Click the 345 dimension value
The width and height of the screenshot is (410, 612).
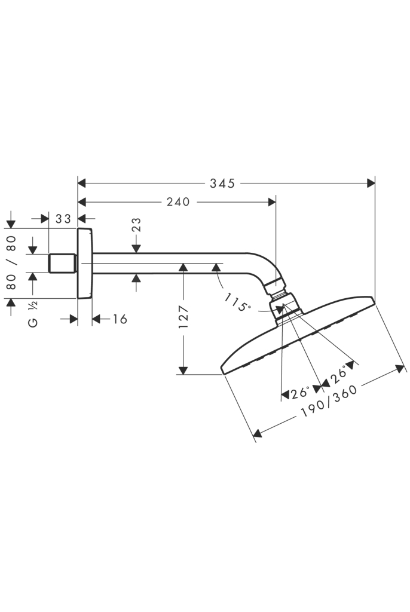[222, 183]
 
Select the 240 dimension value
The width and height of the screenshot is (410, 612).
[178, 202]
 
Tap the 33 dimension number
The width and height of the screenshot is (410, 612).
[63, 219]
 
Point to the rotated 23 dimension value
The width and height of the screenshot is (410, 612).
[136, 225]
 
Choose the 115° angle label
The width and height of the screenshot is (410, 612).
[237, 302]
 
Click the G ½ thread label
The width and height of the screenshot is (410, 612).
[33, 314]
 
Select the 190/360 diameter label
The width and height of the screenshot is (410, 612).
[329, 400]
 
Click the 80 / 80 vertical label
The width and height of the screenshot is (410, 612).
[11, 262]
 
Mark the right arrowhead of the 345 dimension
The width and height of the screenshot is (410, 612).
[370, 183]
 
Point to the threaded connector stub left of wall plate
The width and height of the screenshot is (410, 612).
[62, 263]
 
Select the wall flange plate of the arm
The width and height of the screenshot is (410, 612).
[85, 263]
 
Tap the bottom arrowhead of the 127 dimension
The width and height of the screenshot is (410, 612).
[184, 370]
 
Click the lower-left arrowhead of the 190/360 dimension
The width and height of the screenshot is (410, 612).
[258, 433]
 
